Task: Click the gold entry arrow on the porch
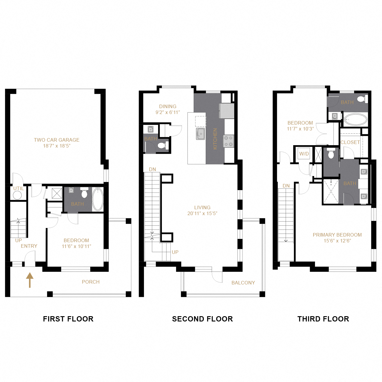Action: [30, 280]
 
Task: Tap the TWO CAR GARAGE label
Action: [56, 140]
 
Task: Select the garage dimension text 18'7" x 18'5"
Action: [56, 146]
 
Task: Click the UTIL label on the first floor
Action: [18, 188]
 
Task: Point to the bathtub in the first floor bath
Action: [98, 199]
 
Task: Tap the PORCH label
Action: [91, 282]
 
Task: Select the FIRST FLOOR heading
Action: [68, 319]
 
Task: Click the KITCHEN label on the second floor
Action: [215, 139]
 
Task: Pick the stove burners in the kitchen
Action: [229, 141]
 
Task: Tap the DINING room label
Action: [168, 106]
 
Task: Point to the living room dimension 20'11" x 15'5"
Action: [202, 213]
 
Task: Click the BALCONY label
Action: [243, 283]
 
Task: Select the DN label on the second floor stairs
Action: [152, 169]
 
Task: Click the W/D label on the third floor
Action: [304, 154]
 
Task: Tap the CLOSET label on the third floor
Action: [350, 142]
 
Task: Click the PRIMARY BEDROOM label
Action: [337, 235]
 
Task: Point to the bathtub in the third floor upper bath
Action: [356, 120]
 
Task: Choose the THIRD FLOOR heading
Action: [323, 319]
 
